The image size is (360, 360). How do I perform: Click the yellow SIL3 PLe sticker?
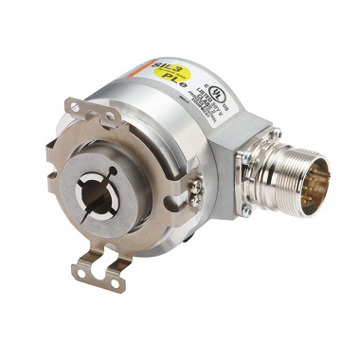click(x=162, y=69)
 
